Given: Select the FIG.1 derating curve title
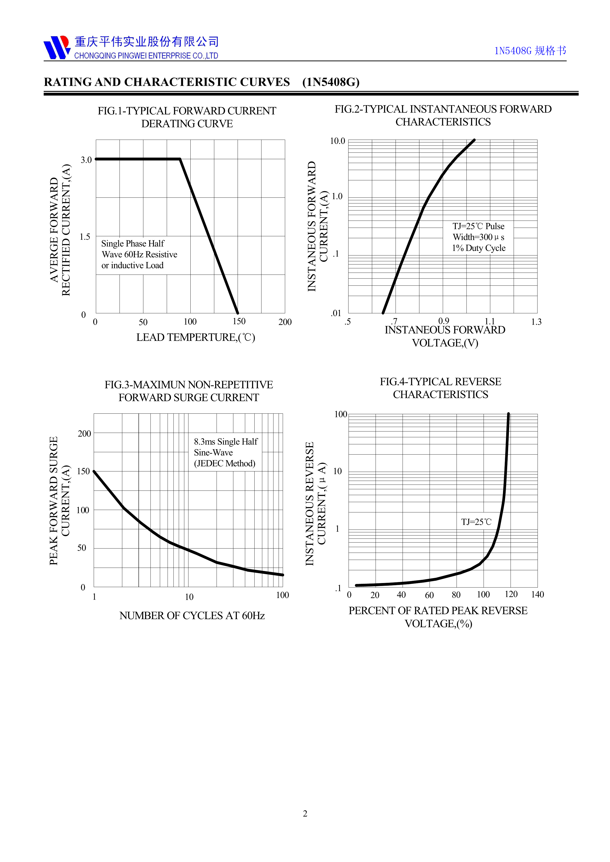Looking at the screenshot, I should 187,117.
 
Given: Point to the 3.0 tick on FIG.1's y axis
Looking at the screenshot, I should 86,160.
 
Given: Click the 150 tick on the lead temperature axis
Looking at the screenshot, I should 239,321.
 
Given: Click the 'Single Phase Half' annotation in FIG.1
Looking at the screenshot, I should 133,243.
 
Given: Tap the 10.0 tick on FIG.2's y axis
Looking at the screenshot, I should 337,141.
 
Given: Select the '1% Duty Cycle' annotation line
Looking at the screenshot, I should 479,248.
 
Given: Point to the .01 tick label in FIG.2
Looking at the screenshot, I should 336,313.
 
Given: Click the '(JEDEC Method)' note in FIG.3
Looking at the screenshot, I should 225,464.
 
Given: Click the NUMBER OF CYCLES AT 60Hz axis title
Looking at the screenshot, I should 192,616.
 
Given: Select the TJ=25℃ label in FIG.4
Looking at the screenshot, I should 476,522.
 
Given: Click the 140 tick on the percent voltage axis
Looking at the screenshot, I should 537,594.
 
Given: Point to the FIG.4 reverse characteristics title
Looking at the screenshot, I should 441,388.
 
